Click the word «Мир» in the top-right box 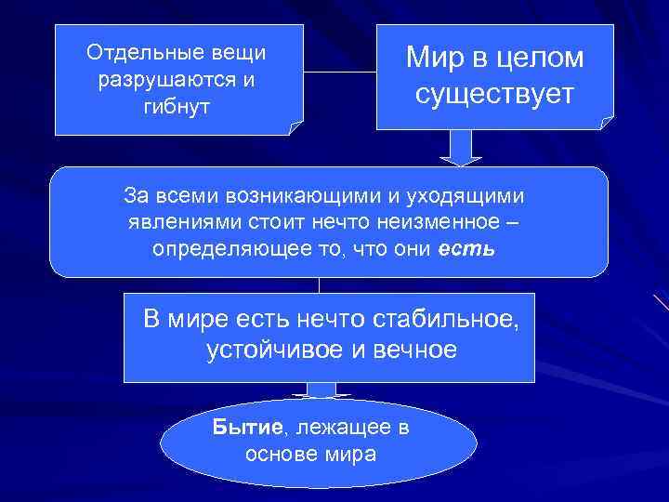[435, 59]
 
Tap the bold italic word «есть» [462, 250]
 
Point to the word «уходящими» [469, 196]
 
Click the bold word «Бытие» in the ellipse [246, 428]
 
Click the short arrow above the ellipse [321, 390]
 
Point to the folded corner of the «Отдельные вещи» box [296, 128]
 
